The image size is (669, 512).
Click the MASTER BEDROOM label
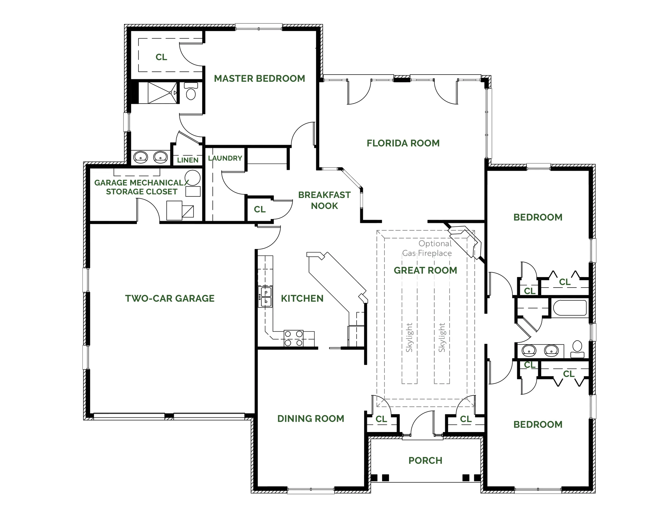tap(259, 79)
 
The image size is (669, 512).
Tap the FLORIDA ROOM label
tap(403, 143)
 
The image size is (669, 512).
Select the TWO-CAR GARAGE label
tap(170, 298)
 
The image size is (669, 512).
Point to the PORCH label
tap(425, 461)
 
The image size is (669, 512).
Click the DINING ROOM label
tap(311, 419)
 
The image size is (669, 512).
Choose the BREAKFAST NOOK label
tap(324, 200)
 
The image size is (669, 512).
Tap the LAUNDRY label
tap(225, 158)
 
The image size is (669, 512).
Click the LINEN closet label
tap(188, 160)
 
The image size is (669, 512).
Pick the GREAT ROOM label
tap(425, 270)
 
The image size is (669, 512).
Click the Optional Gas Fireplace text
tap(427, 248)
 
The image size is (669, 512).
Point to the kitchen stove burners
tap(294, 338)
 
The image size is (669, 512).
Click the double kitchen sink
tap(265, 297)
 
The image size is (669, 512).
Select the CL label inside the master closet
tap(161, 57)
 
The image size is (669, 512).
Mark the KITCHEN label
tap(302, 298)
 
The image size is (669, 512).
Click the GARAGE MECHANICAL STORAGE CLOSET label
tap(142, 187)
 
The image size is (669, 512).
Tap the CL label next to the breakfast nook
tap(260, 209)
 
